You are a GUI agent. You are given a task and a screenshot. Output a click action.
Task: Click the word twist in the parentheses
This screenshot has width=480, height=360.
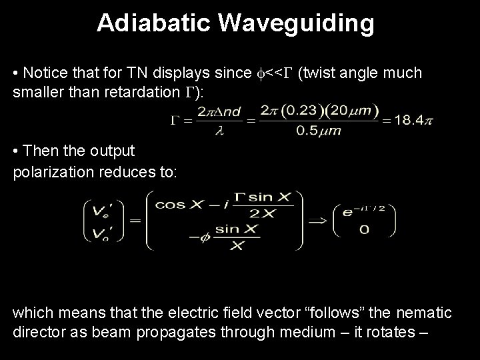click(x=323, y=73)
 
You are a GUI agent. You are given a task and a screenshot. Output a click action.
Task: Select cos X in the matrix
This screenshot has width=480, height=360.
click(x=177, y=204)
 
